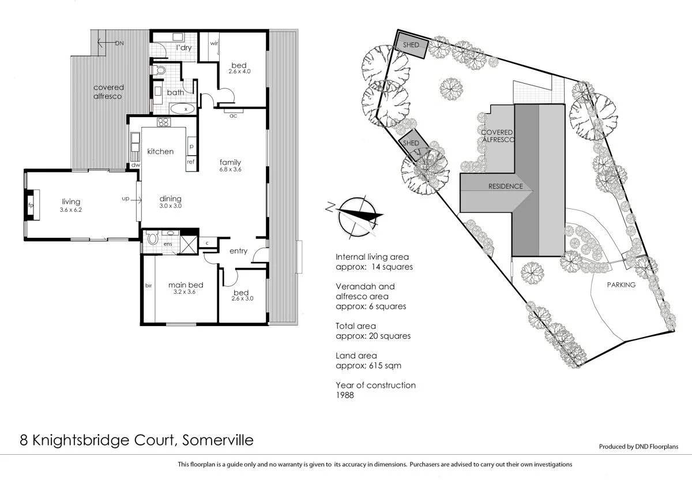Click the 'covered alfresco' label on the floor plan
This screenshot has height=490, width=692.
(x=108, y=92)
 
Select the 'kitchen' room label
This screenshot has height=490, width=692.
(x=160, y=151)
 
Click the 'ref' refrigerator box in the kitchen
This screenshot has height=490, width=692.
(x=191, y=162)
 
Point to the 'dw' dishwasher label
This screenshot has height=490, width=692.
(x=136, y=165)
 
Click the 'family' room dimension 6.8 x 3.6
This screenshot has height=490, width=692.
(x=230, y=170)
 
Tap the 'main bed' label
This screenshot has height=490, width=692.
(x=185, y=285)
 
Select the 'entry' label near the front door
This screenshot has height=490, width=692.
(x=238, y=251)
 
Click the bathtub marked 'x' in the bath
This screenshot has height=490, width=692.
(x=185, y=109)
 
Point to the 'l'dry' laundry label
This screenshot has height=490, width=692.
(x=183, y=47)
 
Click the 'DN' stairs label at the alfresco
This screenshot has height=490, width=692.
(x=119, y=43)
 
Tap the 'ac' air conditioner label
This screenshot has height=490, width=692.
(x=234, y=115)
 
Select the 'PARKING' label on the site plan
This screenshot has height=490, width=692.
(x=620, y=285)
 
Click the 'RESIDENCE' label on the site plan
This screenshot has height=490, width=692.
(x=505, y=186)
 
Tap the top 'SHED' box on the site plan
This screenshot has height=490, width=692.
(x=411, y=45)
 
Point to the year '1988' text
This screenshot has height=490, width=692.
(x=344, y=396)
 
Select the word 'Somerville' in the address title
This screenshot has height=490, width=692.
(x=217, y=440)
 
